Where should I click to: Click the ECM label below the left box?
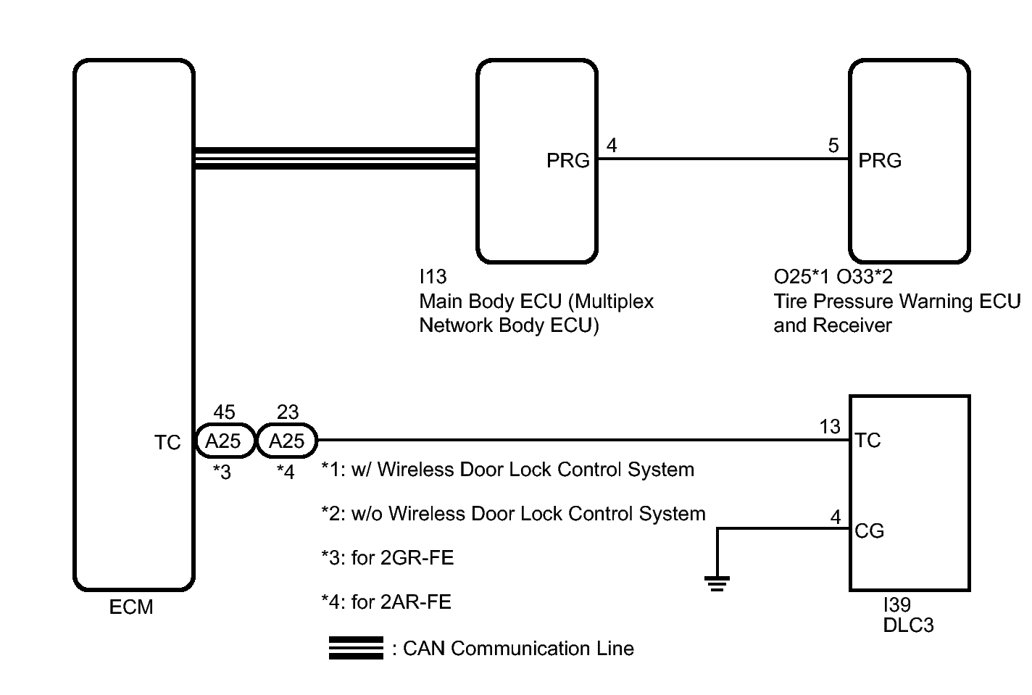[x=131, y=607]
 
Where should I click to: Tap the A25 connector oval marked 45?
[x=225, y=441]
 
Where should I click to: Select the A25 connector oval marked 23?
[x=287, y=441]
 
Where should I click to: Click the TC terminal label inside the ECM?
[x=167, y=443]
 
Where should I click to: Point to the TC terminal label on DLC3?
[x=867, y=441]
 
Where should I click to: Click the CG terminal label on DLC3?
[x=870, y=531]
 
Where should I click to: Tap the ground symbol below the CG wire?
[x=717, y=583]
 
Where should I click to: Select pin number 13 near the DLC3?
[x=829, y=426]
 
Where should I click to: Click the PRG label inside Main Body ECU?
[x=567, y=161]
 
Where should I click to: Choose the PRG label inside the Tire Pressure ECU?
[x=880, y=161]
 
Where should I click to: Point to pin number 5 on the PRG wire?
[x=833, y=146]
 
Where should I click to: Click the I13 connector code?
[x=433, y=277]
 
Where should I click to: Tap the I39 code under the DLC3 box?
[x=896, y=604]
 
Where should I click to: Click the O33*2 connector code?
[x=865, y=277]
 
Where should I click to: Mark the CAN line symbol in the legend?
[x=356, y=648]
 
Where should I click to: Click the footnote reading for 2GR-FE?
[x=388, y=558]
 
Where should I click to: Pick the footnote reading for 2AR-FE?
[x=386, y=602]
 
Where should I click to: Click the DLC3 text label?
[x=908, y=625]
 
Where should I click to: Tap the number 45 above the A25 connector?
[x=225, y=412]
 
